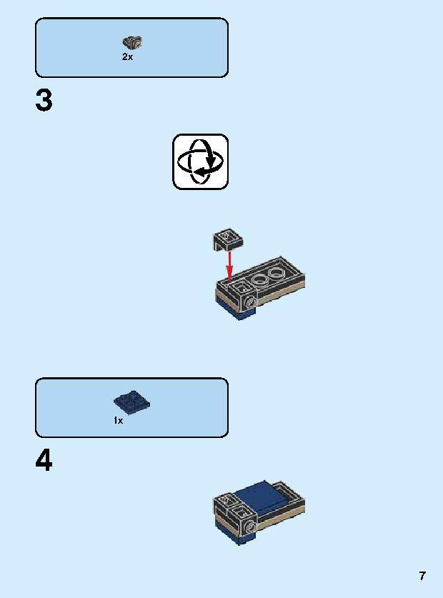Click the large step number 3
coord(44,100)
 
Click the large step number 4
coord(44,460)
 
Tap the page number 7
coord(422,576)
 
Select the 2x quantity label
coord(127,57)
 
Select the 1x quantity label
coord(119,420)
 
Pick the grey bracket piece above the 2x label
coord(132,42)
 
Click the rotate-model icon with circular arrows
coord(200,161)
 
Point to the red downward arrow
coord(229,266)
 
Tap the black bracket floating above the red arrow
coord(228,239)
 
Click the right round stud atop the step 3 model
coord(276,274)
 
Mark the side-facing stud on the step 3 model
coord(251,302)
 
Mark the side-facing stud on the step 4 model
coord(251,527)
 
